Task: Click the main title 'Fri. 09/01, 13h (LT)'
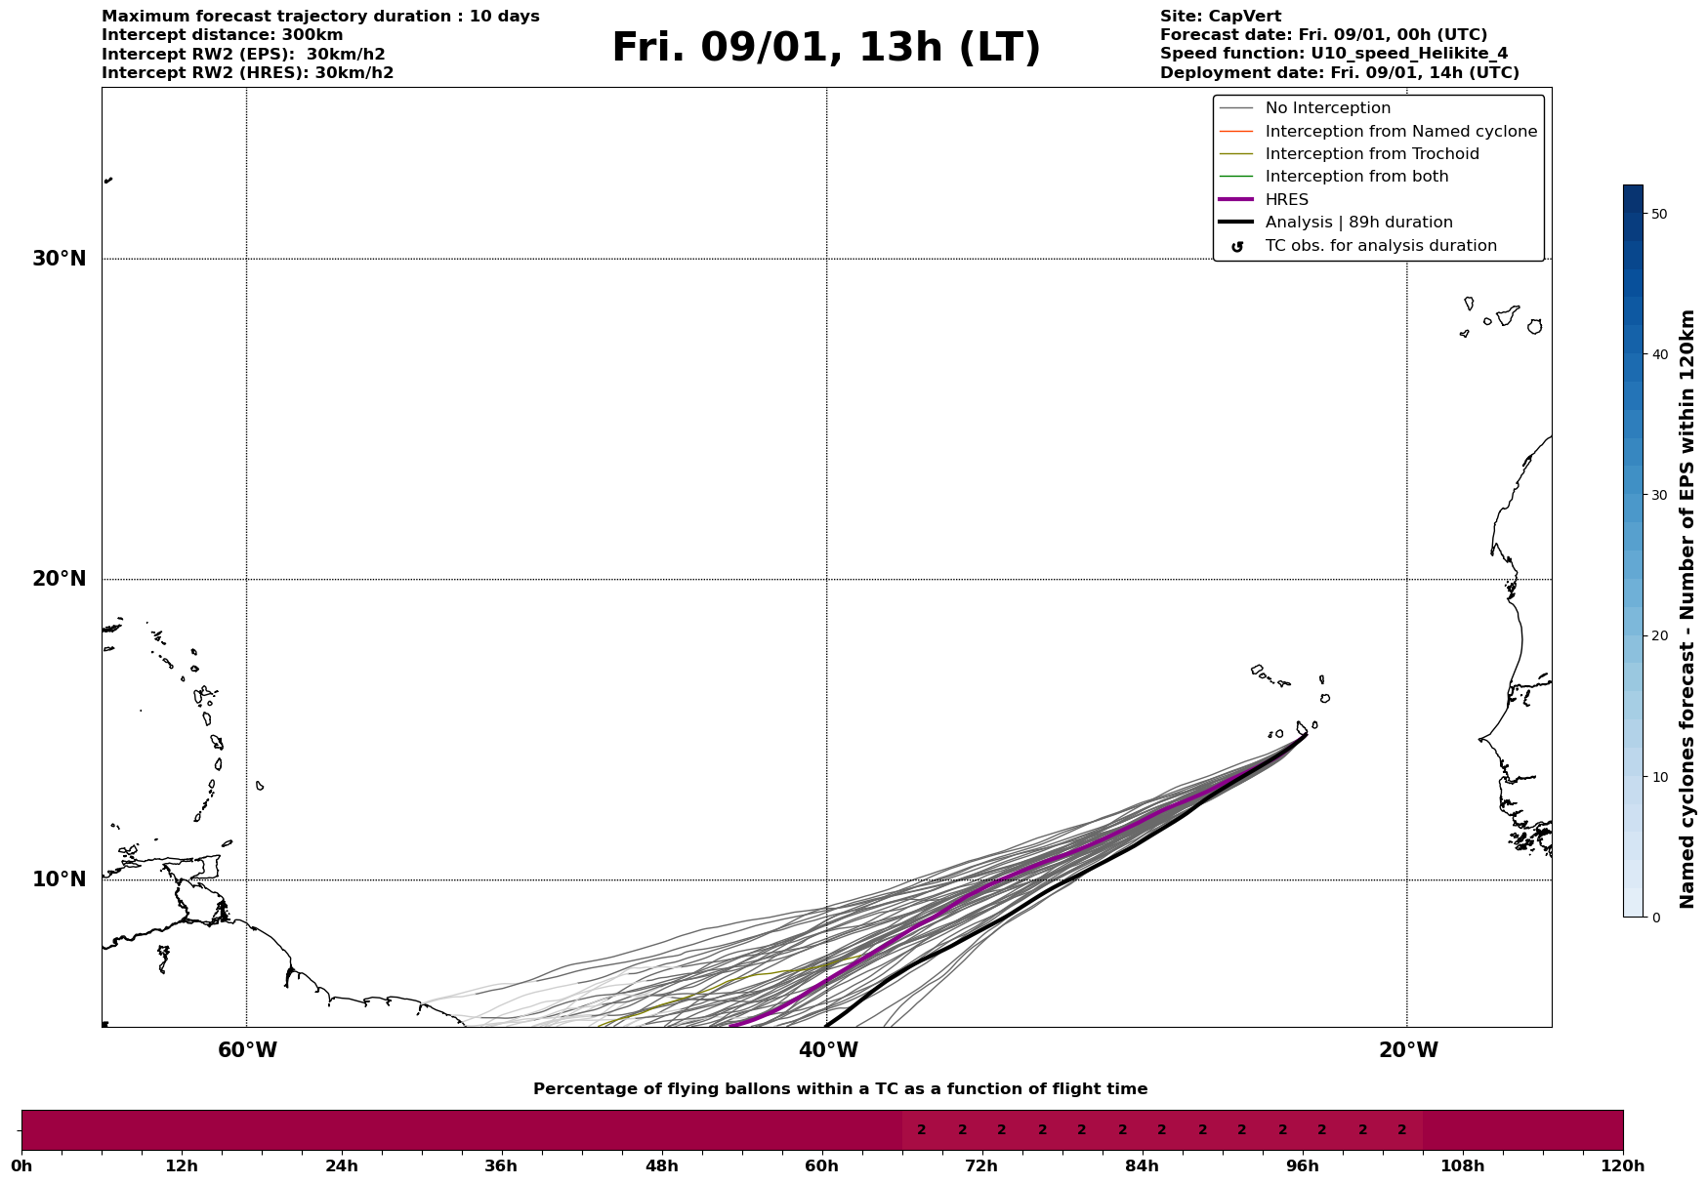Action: click(x=826, y=48)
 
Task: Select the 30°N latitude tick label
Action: click(x=60, y=259)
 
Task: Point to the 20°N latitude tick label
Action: click(x=60, y=579)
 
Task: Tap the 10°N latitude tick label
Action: click(x=60, y=879)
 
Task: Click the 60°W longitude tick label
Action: click(x=247, y=1050)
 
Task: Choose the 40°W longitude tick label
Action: click(x=828, y=1050)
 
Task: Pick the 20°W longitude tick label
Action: click(x=1408, y=1050)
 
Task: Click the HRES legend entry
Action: click(x=1286, y=200)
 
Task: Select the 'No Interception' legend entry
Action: click(x=1327, y=108)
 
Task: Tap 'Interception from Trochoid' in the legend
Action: click(x=1371, y=154)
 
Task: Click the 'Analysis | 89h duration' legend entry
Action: click(x=1358, y=223)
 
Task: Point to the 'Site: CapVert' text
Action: click(x=1220, y=17)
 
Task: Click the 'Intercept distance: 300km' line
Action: click(x=223, y=35)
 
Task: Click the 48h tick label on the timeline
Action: click(x=661, y=1165)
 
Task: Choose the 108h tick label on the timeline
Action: click(x=1462, y=1165)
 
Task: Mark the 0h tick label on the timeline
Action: click(x=21, y=1165)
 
